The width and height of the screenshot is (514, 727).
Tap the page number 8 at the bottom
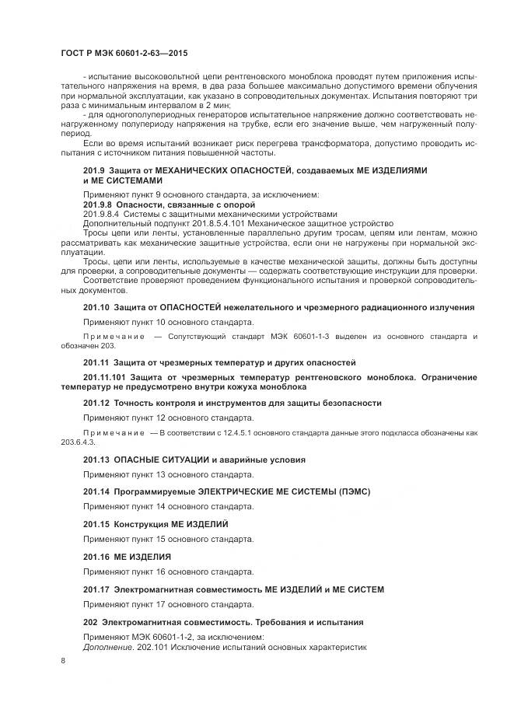[x=63, y=660]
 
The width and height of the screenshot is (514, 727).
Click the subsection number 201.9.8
[x=99, y=204]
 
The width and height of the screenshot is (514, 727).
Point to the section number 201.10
[x=96, y=308]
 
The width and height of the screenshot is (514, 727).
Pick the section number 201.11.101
[x=107, y=377]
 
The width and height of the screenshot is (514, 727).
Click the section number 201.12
[x=96, y=403]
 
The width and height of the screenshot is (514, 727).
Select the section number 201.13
[x=96, y=460]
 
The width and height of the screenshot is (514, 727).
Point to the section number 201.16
[x=96, y=557]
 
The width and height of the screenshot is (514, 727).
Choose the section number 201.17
[x=96, y=590]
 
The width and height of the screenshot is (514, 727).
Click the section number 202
[x=90, y=623]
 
